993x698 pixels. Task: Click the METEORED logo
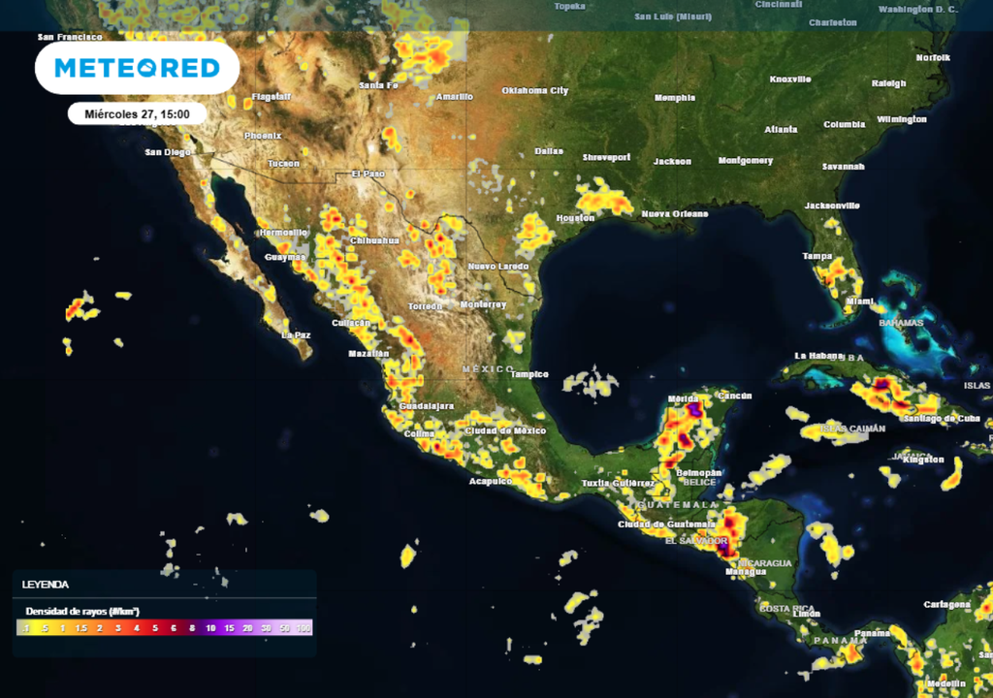point(137,68)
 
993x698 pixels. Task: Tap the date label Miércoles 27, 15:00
point(137,113)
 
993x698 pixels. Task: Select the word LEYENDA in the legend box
point(46,585)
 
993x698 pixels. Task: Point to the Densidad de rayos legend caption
point(82,611)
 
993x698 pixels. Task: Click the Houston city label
point(575,218)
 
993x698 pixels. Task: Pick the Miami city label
point(860,301)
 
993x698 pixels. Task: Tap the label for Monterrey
point(484,304)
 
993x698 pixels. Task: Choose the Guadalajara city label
point(427,405)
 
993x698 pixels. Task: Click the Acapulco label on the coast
point(491,481)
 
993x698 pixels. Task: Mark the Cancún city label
point(736,396)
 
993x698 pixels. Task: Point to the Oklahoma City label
point(534,90)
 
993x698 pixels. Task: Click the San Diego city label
point(169,152)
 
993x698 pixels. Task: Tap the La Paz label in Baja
point(296,334)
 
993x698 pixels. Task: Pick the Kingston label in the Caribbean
point(922,460)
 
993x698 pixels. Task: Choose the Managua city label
point(746,572)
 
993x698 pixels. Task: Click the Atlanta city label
point(781,129)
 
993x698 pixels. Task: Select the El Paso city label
point(368,174)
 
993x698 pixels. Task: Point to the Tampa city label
point(817,256)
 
